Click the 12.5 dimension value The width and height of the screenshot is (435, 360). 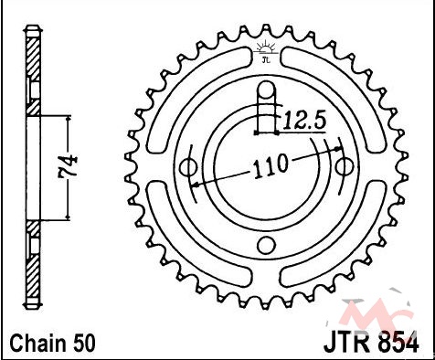tap(305, 120)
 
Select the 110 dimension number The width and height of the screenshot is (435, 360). tap(271, 165)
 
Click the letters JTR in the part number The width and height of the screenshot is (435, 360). tap(349, 344)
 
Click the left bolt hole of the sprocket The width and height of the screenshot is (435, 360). tap(188, 167)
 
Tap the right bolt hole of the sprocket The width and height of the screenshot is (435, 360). tap(345, 167)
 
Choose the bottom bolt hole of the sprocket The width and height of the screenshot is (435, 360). tap(267, 245)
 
